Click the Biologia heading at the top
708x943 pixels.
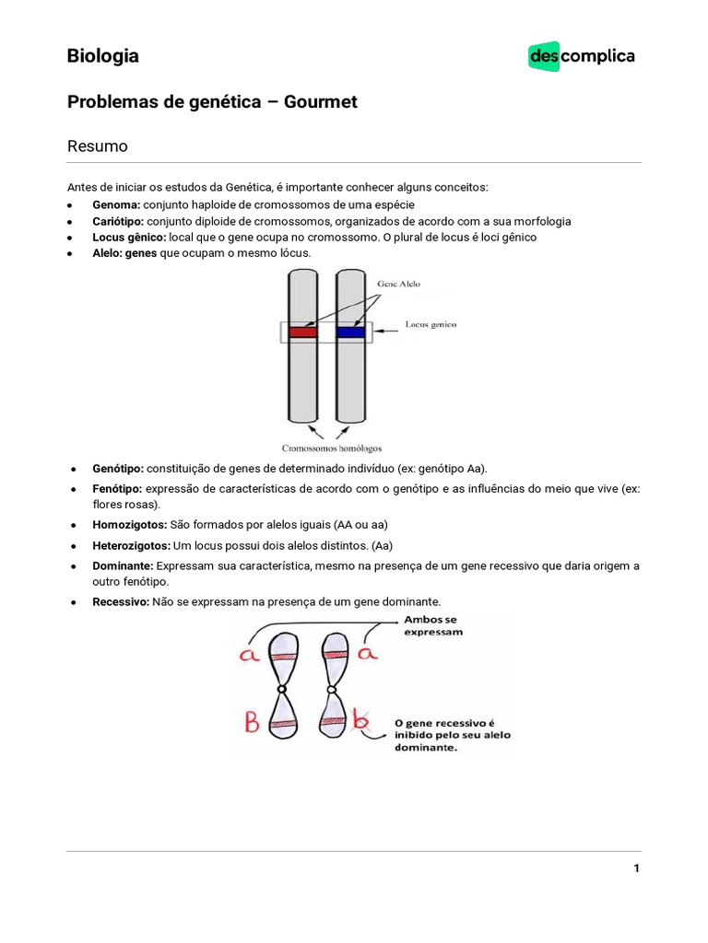click(103, 56)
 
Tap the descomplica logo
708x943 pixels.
click(582, 56)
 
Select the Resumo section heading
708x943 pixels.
click(98, 146)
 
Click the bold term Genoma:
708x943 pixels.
click(116, 204)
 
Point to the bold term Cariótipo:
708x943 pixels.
click(119, 221)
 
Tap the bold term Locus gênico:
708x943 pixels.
click(129, 237)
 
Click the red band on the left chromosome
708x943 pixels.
click(302, 332)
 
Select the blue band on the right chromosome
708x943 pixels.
click(350, 332)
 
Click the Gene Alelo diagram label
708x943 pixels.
click(398, 285)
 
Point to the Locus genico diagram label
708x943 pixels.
click(431, 325)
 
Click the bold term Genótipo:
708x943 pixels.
click(118, 468)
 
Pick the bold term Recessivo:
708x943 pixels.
click(121, 602)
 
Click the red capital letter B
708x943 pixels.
click(252, 721)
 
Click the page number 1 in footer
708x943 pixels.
click(636, 868)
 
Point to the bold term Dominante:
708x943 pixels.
click(124, 565)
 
